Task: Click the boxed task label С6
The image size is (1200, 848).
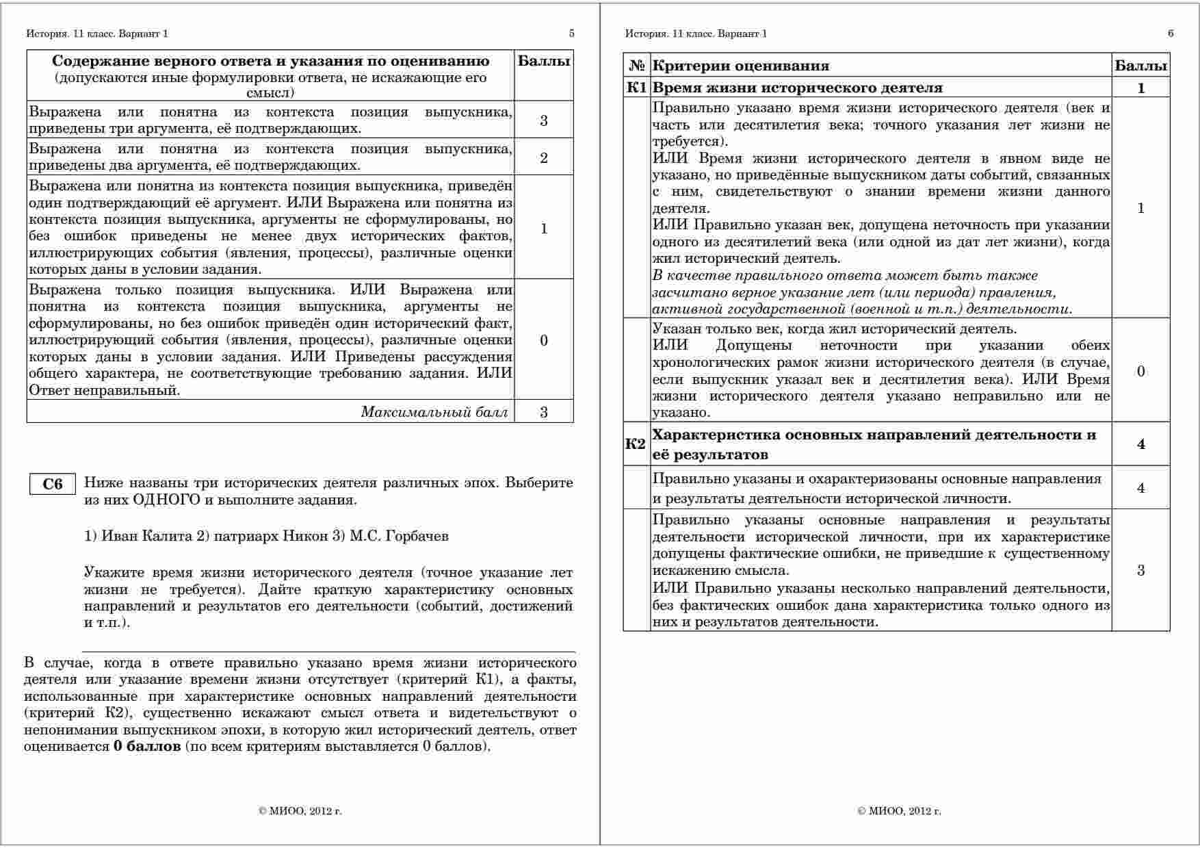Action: [x=53, y=485]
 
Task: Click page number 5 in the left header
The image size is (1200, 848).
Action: [x=571, y=34]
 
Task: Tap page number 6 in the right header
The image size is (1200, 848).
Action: [x=1171, y=34]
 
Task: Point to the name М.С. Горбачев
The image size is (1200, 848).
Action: [x=399, y=536]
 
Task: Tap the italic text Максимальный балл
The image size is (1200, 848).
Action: [x=434, y=412]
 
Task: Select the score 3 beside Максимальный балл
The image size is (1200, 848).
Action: [x=544, y=412]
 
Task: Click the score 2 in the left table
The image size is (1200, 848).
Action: [x=544, y=158]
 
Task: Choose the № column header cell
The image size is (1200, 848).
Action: [x=637, y=66]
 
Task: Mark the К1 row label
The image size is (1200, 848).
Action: [x=636, y=88]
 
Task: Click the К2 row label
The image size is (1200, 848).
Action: [x=636, y=444]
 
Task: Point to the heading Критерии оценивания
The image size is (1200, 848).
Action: [x=741, y=66]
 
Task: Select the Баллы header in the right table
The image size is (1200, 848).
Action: [x=1140, y=66]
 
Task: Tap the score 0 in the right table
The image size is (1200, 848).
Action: [x=1140, y=372]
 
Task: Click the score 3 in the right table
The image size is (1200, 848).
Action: [x=1140, y=571]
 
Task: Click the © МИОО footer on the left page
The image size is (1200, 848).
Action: [x=300, y=812]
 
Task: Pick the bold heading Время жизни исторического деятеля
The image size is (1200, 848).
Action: [x=798, y=88]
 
